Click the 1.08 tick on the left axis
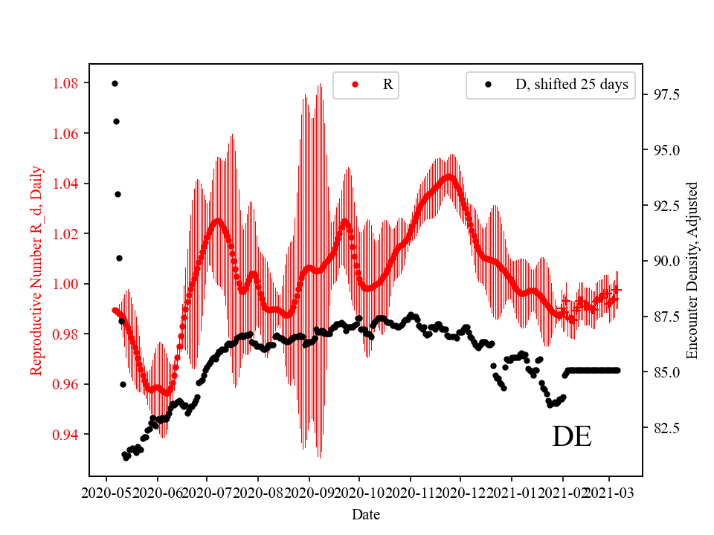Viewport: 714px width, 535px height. click(66, 83)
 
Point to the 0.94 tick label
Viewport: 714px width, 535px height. click(66, 435)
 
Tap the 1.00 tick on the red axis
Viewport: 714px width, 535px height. click(66, 284)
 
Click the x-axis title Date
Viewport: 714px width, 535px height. click(366, 514)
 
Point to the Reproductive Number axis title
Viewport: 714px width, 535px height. click(36, 270)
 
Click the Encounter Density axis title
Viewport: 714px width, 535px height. click(692, 270)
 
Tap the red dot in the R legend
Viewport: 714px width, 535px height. click(356, 85)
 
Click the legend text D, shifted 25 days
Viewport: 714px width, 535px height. click(571, 85)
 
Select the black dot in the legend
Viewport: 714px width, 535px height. click(489, 85)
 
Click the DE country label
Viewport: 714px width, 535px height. click(571, 437)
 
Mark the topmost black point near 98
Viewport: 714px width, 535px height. click(115, 83)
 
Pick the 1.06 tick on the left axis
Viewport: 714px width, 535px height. click(66, 134)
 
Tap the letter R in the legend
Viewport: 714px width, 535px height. click(387, 85)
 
